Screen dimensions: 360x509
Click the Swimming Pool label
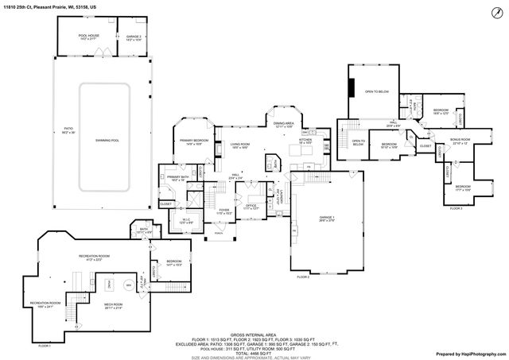pyautogui.click(x=106, y=141)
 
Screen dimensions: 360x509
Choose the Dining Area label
pyautogui.click(x=284, y=124)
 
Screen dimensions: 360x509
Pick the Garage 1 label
pyautogui.click(x=328, y=218)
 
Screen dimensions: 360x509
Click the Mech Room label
pyautogui.click(x=113, y=304)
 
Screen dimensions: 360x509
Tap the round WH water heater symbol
pyautogui.click(x=127, y=284)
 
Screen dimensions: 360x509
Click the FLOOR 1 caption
pyautogui.click(x=45, y=346)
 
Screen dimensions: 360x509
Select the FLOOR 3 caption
pyautogui.click(x=456, y=208)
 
